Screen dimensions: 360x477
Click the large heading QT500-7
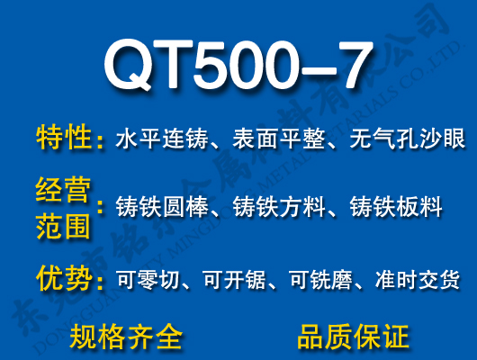click(238, 64)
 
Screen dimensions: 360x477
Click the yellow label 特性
click(64, 139)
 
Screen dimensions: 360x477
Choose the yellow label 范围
click(64, 225)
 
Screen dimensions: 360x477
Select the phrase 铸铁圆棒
click(162, 208)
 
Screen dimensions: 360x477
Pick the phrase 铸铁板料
click(396, 208)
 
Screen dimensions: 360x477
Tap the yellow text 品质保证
click(353, 336)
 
